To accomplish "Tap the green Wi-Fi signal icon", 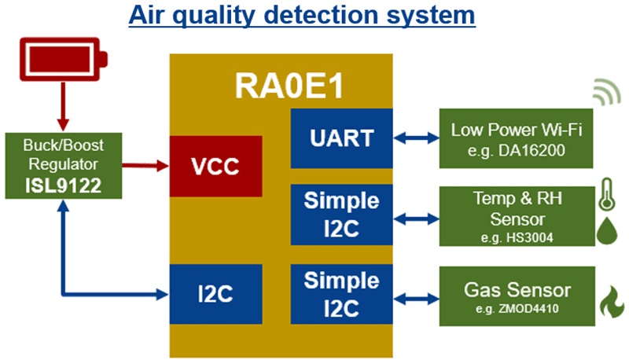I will click(x=605, y=92).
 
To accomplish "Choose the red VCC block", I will click(x=215, y=166).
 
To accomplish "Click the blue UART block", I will click(x=340, y=138).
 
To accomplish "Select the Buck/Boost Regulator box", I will click(x=61, y=165).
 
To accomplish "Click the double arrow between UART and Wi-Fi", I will click(x=415, y=138).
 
